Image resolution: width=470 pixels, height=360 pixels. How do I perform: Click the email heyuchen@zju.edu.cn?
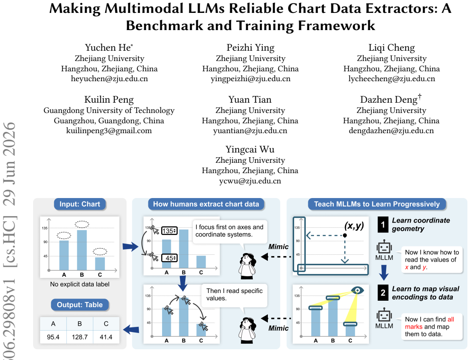pyautogui.click(x=109, y=79)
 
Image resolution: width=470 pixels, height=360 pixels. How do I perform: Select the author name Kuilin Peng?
pyautogui.click(x=109, y=99)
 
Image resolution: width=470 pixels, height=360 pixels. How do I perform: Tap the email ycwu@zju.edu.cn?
pyautogui.click(x=250, y=181)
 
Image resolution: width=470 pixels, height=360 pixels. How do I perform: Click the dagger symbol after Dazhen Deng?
pyautogui.click(x=420, y=96)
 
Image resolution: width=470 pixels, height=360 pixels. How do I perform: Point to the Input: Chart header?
pyautogui.click(x=80, y=204)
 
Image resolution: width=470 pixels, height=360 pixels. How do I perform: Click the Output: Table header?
pyautogui.click(x=80, y=305)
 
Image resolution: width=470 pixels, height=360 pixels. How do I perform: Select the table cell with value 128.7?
pyautogui.click(x=80, y=337)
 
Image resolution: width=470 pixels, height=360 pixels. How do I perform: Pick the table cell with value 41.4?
pyautogui.click(x=106, y=337)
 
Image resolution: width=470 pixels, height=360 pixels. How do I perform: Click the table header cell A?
pyautogui.click(x=53, y=324)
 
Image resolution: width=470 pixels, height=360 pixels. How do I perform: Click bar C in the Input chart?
pyautogui.click(x=100, y=264)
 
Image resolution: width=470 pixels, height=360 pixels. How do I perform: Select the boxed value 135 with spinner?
pyautogui.click(x=169, y=231)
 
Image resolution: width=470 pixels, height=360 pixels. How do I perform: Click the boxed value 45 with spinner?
pyautogui.click(x=169, y=258)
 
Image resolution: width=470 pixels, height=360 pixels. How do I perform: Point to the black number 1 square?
pyautogui.click(x=383, y=225)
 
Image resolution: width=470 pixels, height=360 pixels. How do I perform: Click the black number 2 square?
pyautogui.click(x=383, y=293)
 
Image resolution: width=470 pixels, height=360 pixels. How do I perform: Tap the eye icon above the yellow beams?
pyautogui.click(x=357, y=290)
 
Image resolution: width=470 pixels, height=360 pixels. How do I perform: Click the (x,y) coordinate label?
pyautogui.click(x=354, y=226)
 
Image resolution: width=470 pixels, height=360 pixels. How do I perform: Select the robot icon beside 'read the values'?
pyautogui.click(x=384, y=247)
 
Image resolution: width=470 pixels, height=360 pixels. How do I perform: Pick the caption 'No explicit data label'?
pyautogui.click(x=80, y=284)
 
